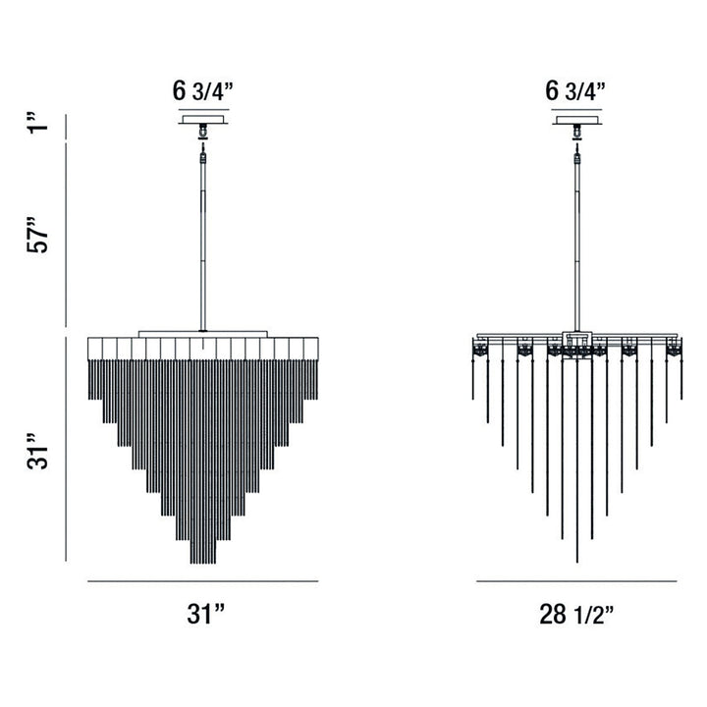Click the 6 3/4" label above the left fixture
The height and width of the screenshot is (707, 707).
[202, 92]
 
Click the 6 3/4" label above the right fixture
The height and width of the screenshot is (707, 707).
[575, 92]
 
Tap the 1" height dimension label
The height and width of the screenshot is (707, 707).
[38, 128]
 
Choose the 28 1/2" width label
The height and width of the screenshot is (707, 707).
[577, 616]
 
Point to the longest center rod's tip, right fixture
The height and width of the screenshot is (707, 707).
[576, 560]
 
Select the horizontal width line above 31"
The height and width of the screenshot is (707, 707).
[203, 581]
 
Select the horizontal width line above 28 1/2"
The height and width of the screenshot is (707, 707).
[576, 581]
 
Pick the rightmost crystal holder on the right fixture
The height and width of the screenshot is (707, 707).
[674, 349]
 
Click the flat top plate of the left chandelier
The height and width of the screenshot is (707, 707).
[203, 333]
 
